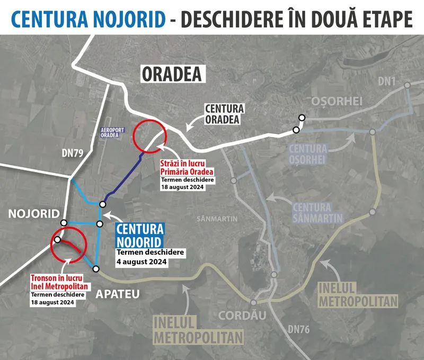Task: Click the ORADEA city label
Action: [172, 74]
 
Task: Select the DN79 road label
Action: [73, 153]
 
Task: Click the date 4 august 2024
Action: [142, 262]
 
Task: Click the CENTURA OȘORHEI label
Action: [308, 154]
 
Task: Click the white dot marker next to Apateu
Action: [96, 269]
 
